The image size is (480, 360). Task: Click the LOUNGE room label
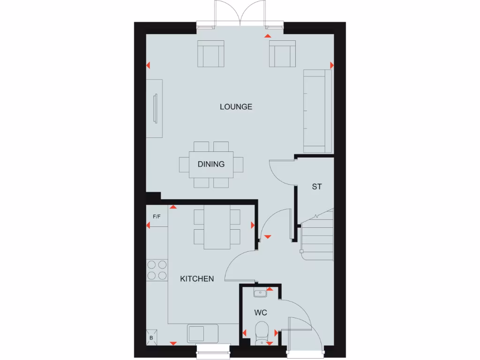tap(236, 107)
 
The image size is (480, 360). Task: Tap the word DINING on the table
tap(211, 165)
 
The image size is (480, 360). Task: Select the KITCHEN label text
tap(197, 279)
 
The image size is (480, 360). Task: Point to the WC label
tap(261, 312)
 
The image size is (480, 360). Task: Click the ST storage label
tap(317, 187)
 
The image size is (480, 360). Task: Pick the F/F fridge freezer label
tap(157, 217)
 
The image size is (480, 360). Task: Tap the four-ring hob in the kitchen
tap(157, 270)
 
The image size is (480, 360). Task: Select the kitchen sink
tap(202, 334)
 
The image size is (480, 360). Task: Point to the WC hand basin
tap(260, 293)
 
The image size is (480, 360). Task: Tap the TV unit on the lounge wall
tap(154, 108)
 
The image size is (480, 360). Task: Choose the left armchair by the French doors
tap(210, 54)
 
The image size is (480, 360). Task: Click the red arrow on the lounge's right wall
tap(332, 65)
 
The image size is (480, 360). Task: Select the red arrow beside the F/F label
tap(148, 226)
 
